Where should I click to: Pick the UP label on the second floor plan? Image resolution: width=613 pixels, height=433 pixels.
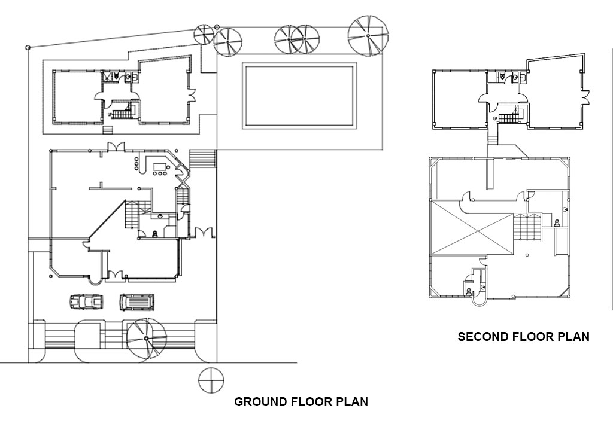(x=494, y=119)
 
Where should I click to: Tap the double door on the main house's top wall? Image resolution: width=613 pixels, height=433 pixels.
(x=116, y=147)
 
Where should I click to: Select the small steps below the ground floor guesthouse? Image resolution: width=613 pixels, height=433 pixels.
(x=108, y=130)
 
